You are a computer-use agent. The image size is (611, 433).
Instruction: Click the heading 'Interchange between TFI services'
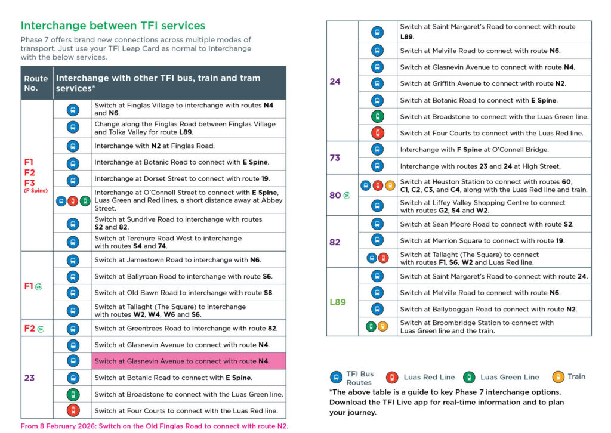coord(113,26)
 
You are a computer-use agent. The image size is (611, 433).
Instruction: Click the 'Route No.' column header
coord(35,83)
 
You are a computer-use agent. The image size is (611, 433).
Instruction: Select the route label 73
coord(335,157)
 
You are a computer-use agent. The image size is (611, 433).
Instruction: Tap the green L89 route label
coord(338,302)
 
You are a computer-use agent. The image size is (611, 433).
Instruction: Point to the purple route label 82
coord(335,242)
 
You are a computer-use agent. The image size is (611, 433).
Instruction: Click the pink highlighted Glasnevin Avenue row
coord(189,361)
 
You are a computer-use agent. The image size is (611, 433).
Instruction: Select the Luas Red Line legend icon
coord(392,377)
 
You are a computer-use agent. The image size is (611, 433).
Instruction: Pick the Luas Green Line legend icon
coord(469,377)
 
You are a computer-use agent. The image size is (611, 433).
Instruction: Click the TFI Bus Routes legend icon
coord(336,377)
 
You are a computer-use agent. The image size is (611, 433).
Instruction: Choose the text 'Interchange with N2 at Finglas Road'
coord(155,146)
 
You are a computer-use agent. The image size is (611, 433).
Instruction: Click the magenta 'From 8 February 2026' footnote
coord(154,426)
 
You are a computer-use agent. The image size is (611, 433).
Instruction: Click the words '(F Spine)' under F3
coord(36,191)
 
